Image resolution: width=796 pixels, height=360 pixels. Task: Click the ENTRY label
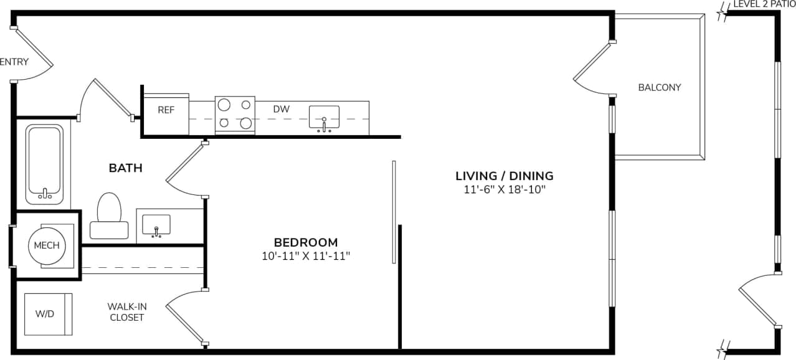(14, 62)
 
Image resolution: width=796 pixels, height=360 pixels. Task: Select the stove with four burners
(234, 114)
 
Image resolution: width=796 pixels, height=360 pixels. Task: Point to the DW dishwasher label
(282, 109)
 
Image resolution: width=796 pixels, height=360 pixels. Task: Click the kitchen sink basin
(325, 116)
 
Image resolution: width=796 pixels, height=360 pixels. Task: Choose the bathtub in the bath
(44, 164)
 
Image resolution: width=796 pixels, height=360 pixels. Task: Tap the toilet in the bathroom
(109, 216)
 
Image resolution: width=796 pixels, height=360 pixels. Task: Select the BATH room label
(126, 168)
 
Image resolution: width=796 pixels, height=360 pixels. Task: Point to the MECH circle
(47, 245)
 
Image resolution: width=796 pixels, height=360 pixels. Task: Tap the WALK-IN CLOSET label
(127, 312)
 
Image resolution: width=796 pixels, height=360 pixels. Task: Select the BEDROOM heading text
(306, 242)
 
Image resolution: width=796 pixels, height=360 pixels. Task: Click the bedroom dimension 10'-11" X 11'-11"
(306, 255)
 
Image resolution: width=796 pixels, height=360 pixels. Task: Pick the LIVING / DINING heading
(505, 176)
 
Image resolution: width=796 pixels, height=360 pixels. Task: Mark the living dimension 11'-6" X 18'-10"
(505, 189)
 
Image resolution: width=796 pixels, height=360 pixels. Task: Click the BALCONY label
(660, 87)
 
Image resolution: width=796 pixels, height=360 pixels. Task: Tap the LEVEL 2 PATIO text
(764, 4)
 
